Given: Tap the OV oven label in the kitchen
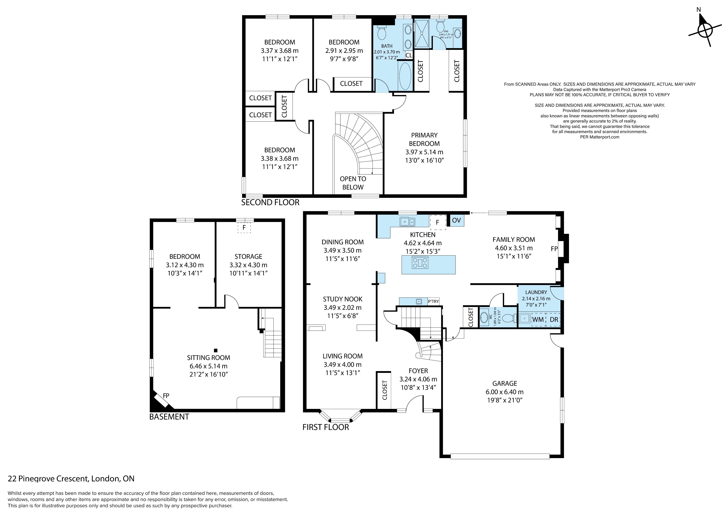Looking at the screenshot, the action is [456, 220].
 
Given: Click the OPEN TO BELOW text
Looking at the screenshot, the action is [353, 183].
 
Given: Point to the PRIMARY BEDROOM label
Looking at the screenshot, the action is [424, 139].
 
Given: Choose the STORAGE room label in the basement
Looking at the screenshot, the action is [248, 257].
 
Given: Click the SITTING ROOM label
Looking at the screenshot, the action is [208, 358].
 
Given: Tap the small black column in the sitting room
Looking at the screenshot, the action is [216, 350].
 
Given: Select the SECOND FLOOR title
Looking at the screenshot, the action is [270, 202].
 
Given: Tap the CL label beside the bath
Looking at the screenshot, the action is [409, 55].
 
